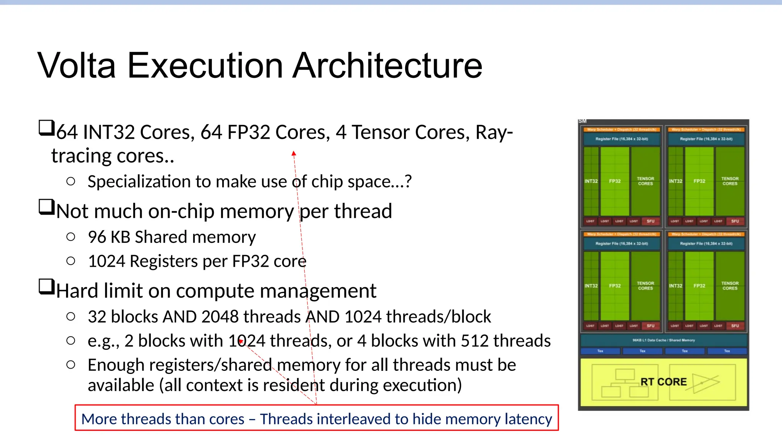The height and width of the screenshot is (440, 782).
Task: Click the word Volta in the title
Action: (x=76, y=66)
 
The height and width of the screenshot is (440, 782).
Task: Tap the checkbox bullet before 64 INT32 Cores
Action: (x=47, y=128)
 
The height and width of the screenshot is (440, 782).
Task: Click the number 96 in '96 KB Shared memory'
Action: (x=97, y=237)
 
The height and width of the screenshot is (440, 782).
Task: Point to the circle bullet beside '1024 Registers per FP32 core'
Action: (x=71, y=261)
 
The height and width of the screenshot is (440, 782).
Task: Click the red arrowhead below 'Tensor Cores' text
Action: (x=294, y=154)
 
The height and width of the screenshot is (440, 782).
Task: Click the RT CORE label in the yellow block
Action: (x=663, y=382)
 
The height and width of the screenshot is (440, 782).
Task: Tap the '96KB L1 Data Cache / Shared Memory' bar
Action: (x=663, y=340)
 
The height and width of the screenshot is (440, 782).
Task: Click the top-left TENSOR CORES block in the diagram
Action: (x=645, y=181)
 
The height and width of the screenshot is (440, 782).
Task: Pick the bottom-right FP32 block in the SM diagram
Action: (x=699, y=286)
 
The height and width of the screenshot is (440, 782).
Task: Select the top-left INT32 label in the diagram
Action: (x=591, y=181)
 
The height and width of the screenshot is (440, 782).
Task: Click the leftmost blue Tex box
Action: (x=600, y=351)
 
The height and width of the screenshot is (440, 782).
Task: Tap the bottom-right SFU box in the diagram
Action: (x=735, y=326)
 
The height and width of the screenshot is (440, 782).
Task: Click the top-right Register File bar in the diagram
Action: (x=706, y=139)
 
